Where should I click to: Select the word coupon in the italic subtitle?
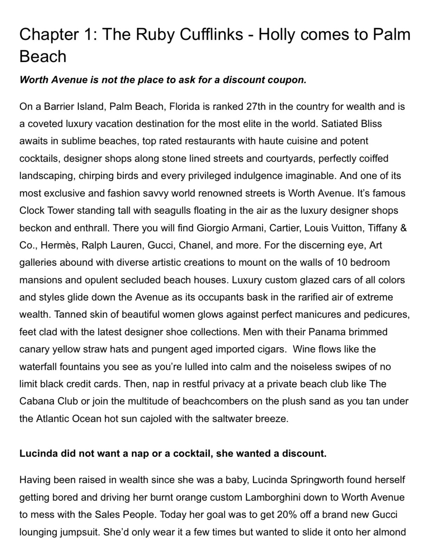(288, 80)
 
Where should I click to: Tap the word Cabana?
(36, 401)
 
